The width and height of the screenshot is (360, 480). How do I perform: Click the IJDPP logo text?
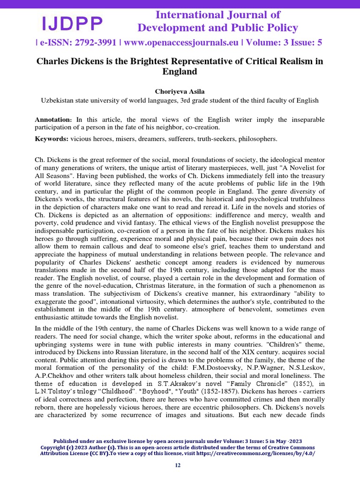tap(72, 22)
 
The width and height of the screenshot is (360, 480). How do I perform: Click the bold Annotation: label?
tap(53, 120)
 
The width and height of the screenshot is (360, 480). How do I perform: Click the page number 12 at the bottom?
tap(178, 465)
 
